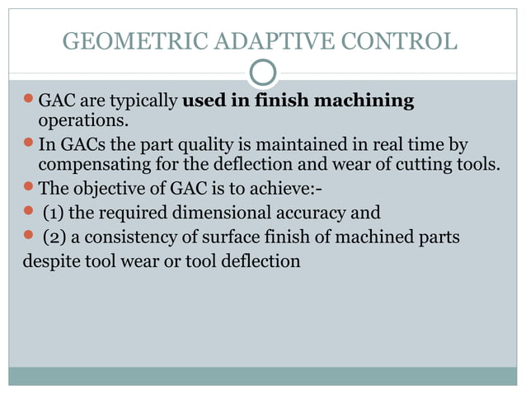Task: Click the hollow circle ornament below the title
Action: pos(263,74)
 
